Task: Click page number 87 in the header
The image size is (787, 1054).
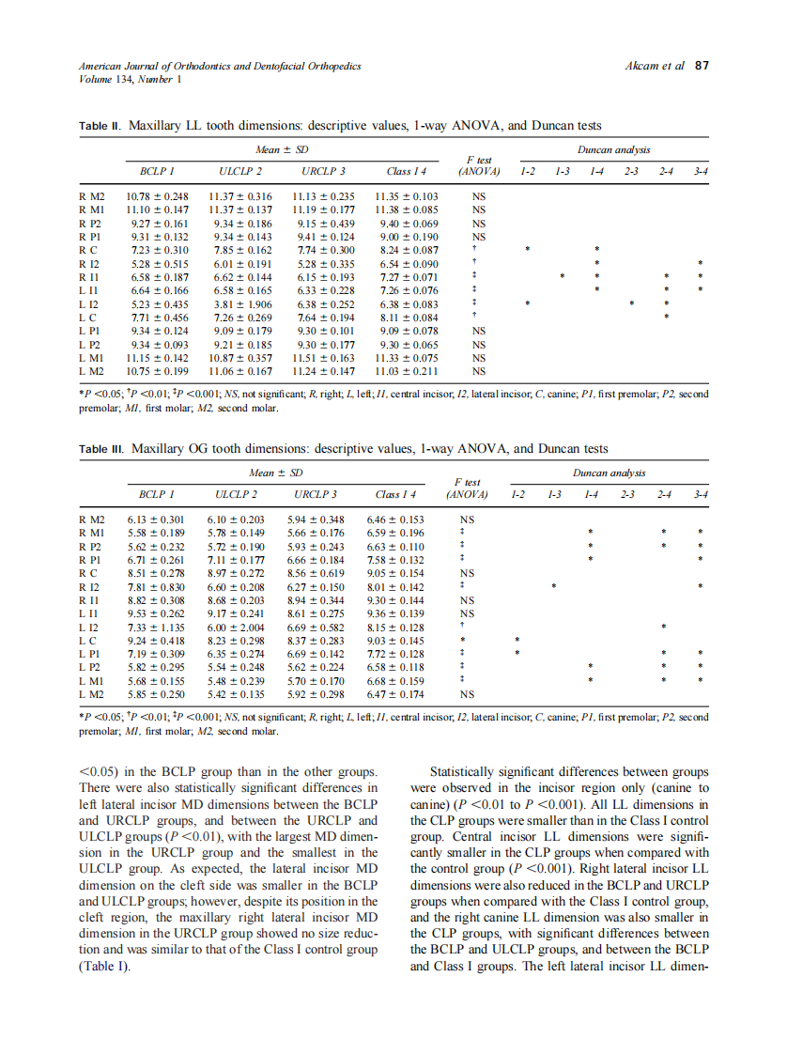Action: coord(701,67)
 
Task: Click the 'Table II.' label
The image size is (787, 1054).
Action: coord(100,126)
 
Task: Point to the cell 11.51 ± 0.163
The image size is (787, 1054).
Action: coord(323,358)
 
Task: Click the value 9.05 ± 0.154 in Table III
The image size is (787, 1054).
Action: coord(399,573)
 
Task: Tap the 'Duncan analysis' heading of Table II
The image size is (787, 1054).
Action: coord(612,150)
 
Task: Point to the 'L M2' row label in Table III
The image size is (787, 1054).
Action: coord(92,694)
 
